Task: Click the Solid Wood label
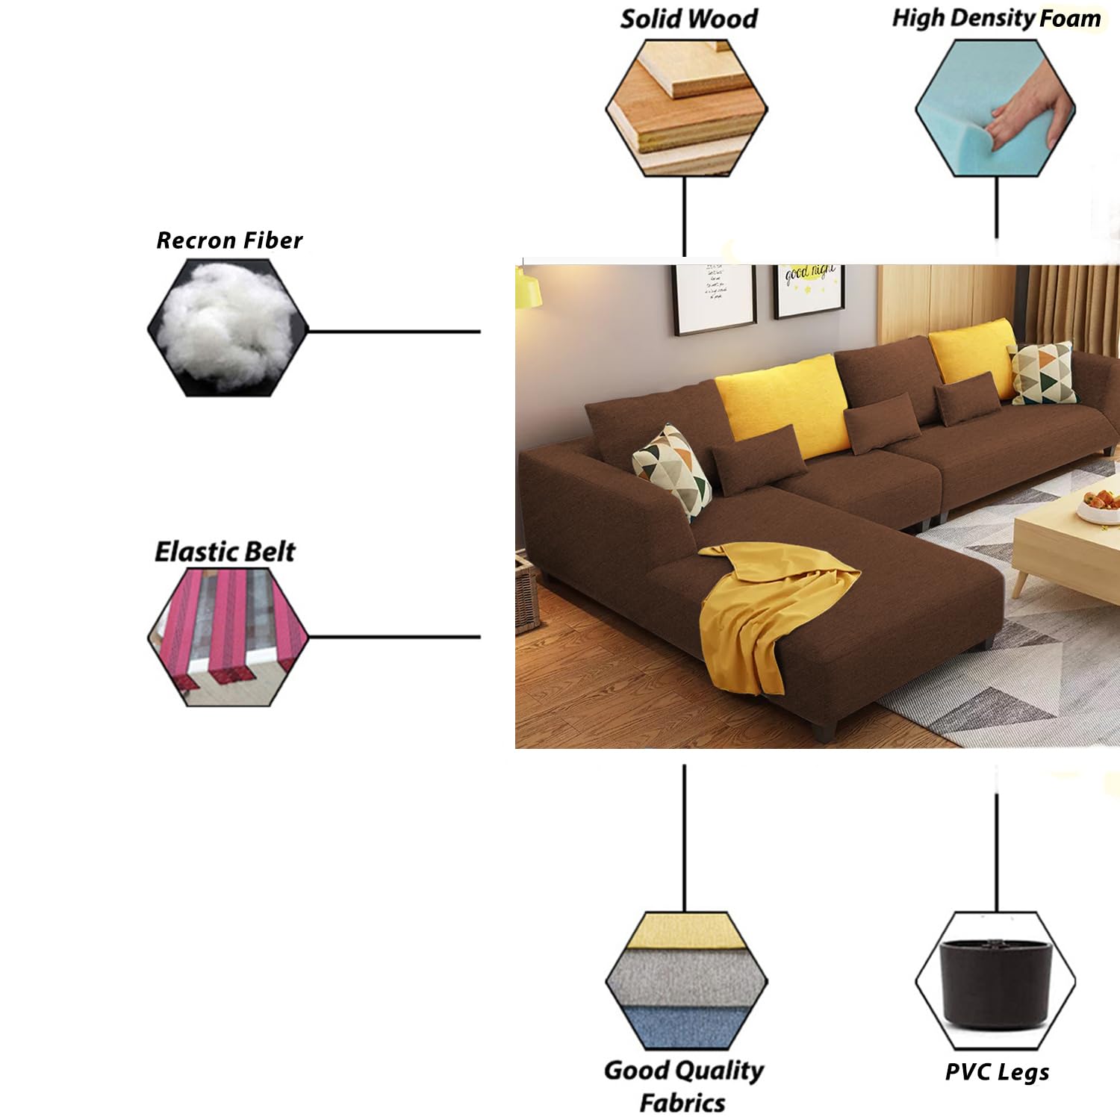tap(688, 19)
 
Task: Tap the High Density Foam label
tap(996, 19)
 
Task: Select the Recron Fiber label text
tap(229, 240)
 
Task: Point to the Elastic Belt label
tap(225, 552)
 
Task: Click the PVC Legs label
tap(997, 1073)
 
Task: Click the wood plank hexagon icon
tap(686, 108)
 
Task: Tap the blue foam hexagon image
tap(995, 108)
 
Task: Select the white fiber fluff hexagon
tap(228, 328)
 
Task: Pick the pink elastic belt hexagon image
tap(228, 637)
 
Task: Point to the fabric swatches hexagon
tap(686, 980)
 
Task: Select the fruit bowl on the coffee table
tap(1100, 505)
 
